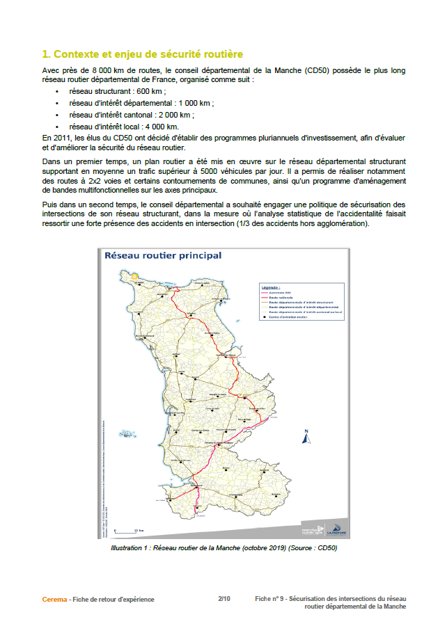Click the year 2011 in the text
pos(63,137)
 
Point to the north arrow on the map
pos(305,437)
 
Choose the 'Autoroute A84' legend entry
pos(280,292)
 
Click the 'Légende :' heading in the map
pos(271,287)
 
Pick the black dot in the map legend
pos(265,316)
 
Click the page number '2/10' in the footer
pos(224,598)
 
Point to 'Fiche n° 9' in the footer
pos(269,598)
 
